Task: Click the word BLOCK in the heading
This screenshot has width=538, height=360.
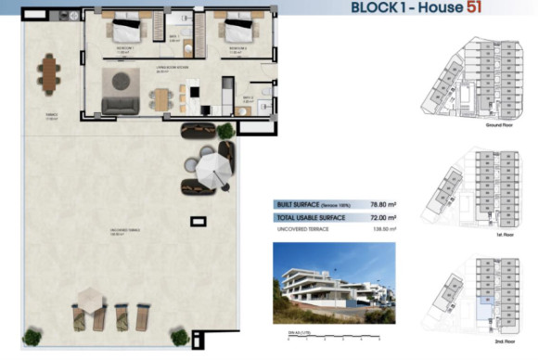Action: tap(376, 8)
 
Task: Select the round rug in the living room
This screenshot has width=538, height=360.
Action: tap(122, 81)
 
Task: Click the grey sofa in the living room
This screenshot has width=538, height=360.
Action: tap(121, 105)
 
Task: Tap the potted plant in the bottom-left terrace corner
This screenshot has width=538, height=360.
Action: tap(32, 336)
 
